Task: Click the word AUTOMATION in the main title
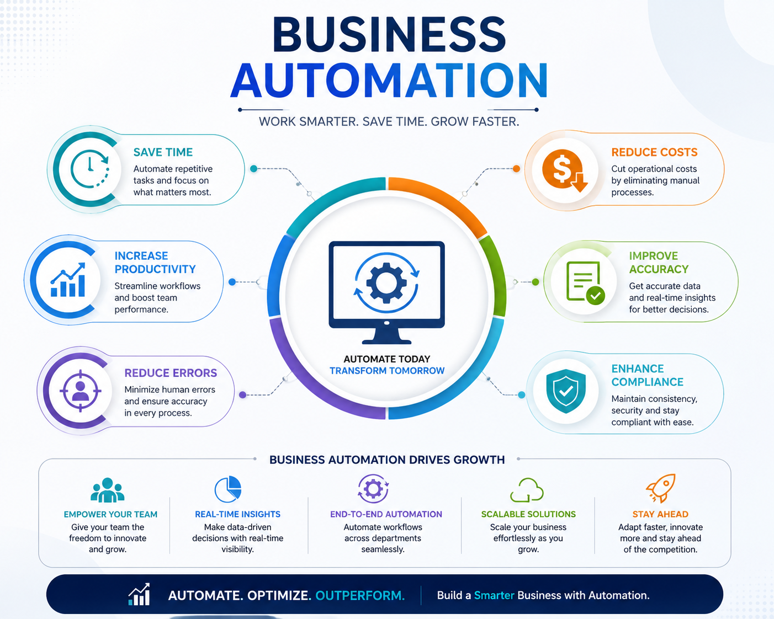(x=389, y=81)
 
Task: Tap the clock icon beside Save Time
(x=89, y=169)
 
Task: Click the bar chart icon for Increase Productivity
(x=68, y=280)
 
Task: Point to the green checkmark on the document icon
(x=596, y=296)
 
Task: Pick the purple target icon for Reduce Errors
(x=80, y=391)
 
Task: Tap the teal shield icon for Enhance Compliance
(x=566, y=391)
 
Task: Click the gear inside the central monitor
(x=386, y=282)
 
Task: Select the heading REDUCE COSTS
(x=654, y=152)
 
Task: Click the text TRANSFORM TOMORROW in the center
(x=387, y=371)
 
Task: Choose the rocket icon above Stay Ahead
(x=661, y=488)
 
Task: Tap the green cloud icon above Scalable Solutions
(x=527, y=489)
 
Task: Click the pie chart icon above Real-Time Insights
(x=227, y=489)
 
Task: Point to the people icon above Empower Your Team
(x=108, y=490)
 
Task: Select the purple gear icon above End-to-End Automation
(x=373, y=488)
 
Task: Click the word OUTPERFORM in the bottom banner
(x=360, y=596)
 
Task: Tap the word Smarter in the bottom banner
(x=494, y=596)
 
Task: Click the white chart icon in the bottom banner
(x=139, y=595)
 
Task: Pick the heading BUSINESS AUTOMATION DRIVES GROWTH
(x=387, y=460)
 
